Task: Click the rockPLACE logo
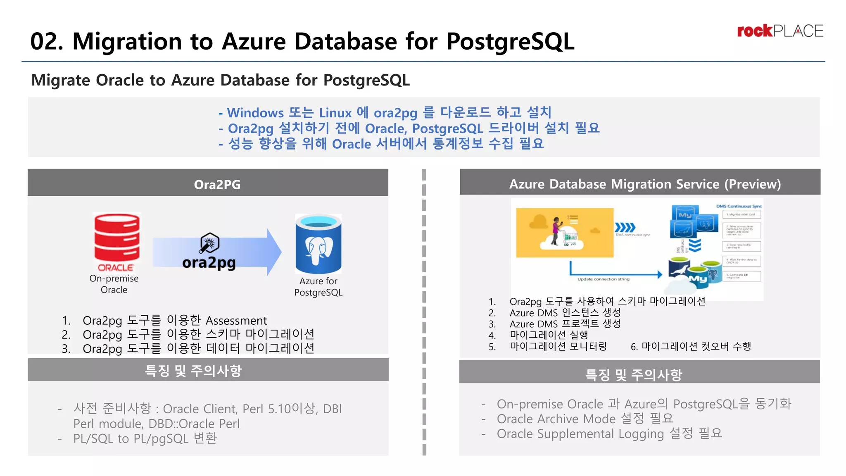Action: [779, 31]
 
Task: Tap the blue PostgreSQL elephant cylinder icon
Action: [318, 244]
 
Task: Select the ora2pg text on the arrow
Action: [209, 263]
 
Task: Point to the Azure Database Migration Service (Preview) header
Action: [644, 183]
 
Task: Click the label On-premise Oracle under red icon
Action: [114, 284]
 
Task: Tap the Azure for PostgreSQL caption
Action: [318, 286]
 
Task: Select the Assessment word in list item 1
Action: [236, 321]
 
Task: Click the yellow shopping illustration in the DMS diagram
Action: [564, 233]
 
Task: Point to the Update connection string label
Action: [603, 279]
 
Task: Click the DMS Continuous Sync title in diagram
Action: [739, 206]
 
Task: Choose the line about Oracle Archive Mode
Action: [585, 419]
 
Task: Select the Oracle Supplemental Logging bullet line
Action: [609, 433]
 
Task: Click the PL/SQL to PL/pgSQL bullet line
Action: [145, 438]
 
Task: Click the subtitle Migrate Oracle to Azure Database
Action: [221, 80]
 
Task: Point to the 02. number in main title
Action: [47, 42]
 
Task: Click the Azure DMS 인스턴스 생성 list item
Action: [565, 313]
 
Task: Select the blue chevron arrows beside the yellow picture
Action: [625, 228]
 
